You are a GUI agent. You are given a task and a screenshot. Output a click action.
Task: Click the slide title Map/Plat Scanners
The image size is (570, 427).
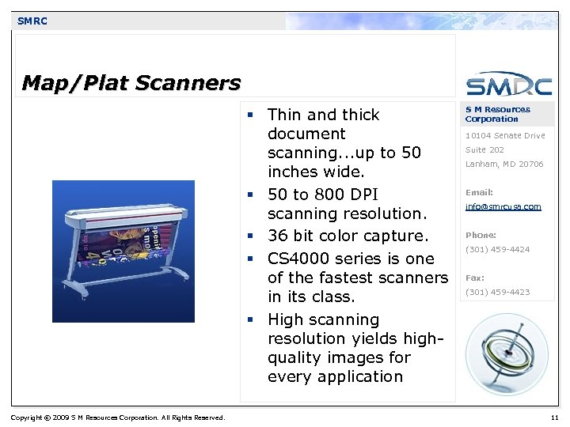pos(131,82)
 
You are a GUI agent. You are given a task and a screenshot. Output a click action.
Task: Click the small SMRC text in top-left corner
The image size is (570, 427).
pos(32,21)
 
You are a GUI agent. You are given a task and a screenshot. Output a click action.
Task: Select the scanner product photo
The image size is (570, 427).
pos(123,251)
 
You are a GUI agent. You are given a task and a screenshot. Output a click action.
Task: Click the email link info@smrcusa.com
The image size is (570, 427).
pos(503,207)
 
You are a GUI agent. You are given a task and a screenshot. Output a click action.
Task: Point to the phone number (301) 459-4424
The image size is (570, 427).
pos(497,250)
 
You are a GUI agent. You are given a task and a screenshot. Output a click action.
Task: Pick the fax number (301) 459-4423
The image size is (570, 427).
pos(497,293)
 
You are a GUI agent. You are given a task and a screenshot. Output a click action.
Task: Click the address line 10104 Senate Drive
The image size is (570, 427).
pos(505,136)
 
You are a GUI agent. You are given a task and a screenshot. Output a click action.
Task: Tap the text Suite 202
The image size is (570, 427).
pos(484,150)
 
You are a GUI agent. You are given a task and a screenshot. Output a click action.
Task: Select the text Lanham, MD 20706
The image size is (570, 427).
pos(504,164)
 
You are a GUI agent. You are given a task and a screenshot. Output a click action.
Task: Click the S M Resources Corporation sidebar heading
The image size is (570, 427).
pos(497,114)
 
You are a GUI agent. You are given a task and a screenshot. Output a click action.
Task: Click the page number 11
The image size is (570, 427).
pos(553,417)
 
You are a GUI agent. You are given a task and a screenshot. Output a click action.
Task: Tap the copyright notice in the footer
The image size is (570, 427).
pos(118,418)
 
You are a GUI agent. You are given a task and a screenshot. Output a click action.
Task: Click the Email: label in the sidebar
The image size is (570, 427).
pos(479,193)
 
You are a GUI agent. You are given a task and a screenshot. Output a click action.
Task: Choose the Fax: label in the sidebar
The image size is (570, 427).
pos(475,278)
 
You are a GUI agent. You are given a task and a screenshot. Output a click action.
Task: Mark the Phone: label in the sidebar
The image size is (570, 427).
pos(481,236)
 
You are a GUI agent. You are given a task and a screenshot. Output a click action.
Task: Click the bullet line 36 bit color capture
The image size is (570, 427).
pos(348,236)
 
